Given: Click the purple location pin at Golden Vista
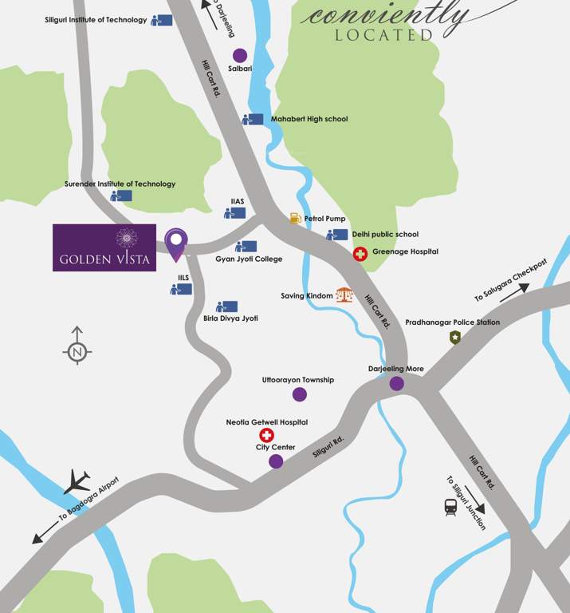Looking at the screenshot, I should pyautogui.click(x=176, y=242).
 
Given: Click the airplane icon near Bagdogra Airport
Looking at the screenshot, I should pyautogui.click(x=77, y=481).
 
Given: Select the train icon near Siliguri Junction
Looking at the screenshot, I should pyautogui.click(x=451, y=506).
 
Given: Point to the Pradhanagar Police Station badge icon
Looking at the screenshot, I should pyautogui.click(x=455, y=338).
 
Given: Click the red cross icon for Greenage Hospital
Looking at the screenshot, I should pyautogui.click(x=360, y=254).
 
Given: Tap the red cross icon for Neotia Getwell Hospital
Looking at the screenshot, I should pyautogui.click(x=266, y=435).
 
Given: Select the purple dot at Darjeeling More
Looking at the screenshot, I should pyautogui.click(x=396, y=384).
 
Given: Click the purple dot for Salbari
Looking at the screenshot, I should pyautogui.click(x=239, y=55).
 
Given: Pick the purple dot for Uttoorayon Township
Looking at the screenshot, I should pyautogui.click(x=299, y=394).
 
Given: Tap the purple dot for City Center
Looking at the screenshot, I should pyautogui.click(x=276, y=461).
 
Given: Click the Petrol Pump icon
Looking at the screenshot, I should pyautogui.click(x=295, y=218).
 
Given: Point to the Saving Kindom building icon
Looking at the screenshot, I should pyautogui.click(x=344, y=295).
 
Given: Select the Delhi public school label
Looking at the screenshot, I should pyautogui.click(x=385, y=235).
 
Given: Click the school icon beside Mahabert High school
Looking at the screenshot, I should pyautogui.click(x=253, y=119).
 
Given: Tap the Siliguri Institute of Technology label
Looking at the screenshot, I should pyautogui.click(x=96, y=20).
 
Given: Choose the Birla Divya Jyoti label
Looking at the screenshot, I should pyautogui.click(x=231, y=318).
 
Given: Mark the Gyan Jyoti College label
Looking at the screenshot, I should pyautogui.click(x=249, y=259).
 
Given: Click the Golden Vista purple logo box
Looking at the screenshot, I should pyautogui.click(x=104, y=247).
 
